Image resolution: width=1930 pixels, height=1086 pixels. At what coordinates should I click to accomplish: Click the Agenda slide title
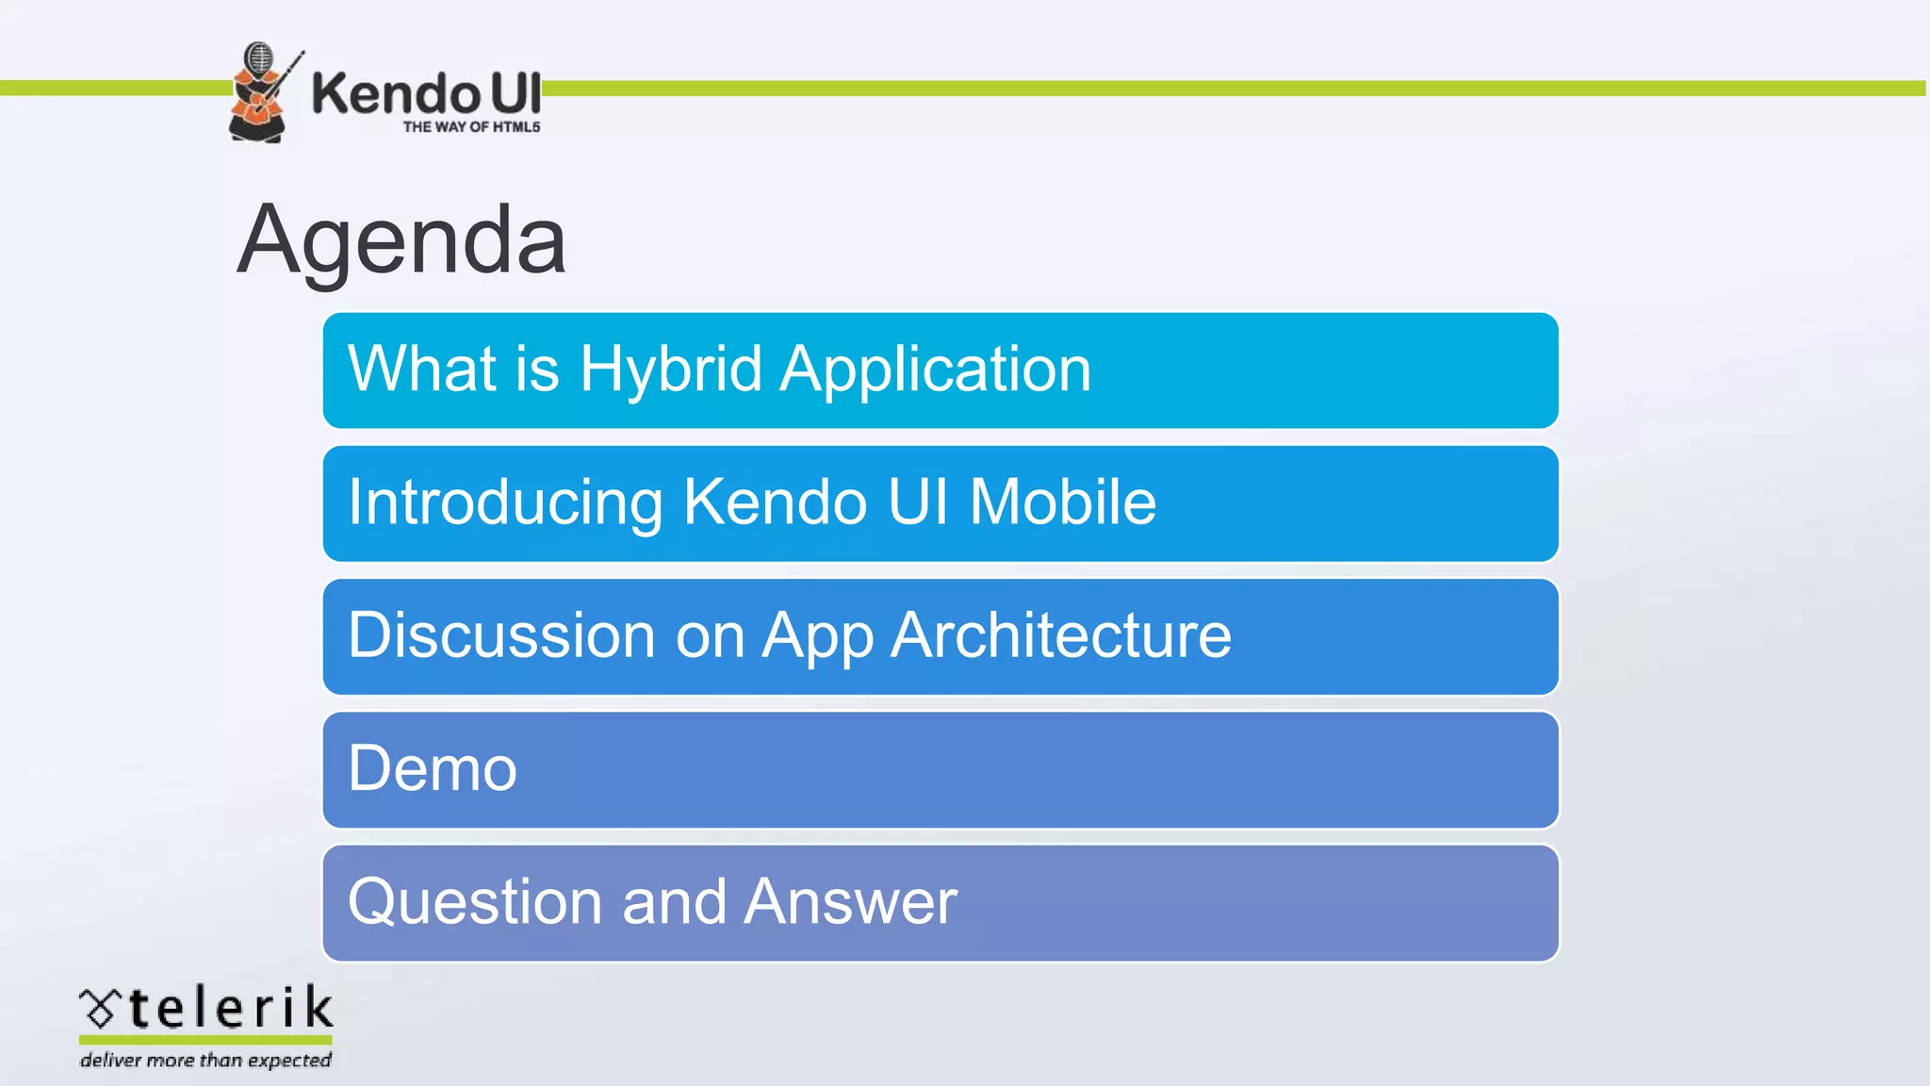click(x=401, y=240)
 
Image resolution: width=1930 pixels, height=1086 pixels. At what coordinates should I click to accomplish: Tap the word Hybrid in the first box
click(x=670, y=369)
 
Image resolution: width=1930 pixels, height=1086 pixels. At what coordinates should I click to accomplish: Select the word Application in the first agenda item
click(x=936, y=369)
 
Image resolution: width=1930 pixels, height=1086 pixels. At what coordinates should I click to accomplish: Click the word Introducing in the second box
click(x=504, y=502)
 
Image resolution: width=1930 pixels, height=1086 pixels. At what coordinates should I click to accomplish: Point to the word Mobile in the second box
click(x=1062, y=502)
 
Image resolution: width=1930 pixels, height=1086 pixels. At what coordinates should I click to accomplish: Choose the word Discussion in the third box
click(x=500, y=634)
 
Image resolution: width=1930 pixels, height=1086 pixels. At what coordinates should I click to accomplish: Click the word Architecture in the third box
click(x=1060, y=634)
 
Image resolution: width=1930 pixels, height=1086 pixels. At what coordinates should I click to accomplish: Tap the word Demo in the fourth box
click(x=433, y=768)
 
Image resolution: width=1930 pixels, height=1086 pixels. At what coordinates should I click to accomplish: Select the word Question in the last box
click(x=473, y=902)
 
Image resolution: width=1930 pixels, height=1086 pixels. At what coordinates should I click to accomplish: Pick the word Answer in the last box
click(x=850, y=902)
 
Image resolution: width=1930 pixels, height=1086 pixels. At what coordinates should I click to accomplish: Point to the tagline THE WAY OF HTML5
click(x=471, y=127)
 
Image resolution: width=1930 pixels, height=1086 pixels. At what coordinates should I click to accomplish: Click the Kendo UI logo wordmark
click(x=426, y=94)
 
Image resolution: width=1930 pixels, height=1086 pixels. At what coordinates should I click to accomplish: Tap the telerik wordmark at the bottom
click(x=230, y=1008)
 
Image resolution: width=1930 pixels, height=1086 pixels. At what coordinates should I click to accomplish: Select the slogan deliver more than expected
click(x=205, y=1061)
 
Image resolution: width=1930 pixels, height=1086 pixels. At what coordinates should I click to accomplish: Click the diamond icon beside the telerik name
click(x=99, y=1009)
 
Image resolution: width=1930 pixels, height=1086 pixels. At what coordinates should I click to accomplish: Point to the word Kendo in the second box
click(x=775, y=502)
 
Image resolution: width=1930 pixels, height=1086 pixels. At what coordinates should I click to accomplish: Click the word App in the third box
click(x=817, y=636)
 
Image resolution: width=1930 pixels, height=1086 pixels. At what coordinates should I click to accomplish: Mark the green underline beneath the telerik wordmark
click(x=205, y=1040)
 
